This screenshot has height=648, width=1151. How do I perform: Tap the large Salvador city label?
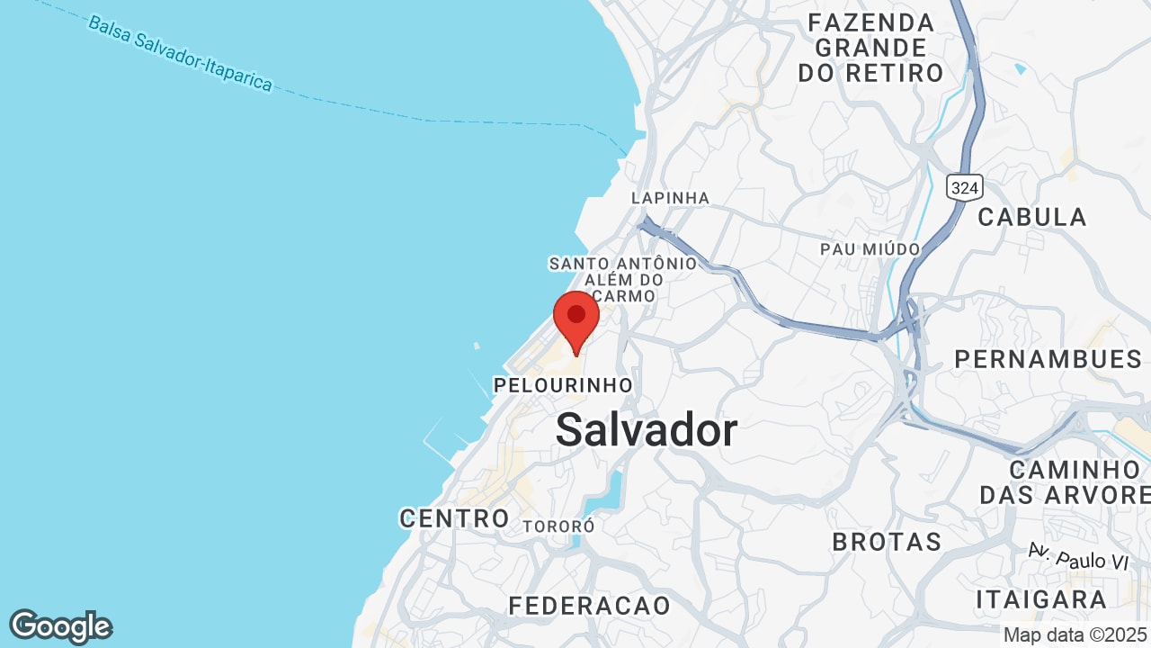click(x=646, y=430)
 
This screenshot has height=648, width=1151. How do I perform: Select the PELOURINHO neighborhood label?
click(x=563, y=385)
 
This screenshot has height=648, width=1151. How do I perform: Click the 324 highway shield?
click(x=964, y=187)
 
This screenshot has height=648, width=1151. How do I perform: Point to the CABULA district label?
click(x=1032, y=217)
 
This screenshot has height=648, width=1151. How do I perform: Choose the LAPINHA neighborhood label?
click(x=670, y=198)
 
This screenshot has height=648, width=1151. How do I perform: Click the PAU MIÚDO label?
click(x=870, y=248)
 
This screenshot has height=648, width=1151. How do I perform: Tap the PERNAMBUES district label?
click(x=1048, y=359)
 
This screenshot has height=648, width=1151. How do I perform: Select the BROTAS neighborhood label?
click(x=887, y=542)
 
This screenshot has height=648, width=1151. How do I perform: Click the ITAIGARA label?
click(x=1041, y=599)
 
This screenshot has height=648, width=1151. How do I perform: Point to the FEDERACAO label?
click(x=590, y=606)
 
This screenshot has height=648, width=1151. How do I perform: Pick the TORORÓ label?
click(x=558, y=526)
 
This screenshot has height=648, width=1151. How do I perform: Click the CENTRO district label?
click(x=454, y=517)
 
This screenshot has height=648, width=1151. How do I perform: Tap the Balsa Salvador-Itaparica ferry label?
click(x=180, y=52)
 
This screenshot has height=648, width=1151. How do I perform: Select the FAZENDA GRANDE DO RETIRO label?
click(x=870, y=47)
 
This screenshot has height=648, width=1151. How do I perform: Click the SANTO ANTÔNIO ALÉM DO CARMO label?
click(x=623, y=272)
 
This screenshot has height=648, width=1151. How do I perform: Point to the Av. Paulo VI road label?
click(x=1078, y=556)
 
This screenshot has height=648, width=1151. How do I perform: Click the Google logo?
click(x=60, y=626)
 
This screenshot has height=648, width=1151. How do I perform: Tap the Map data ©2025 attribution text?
click(x=1075, y=634)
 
